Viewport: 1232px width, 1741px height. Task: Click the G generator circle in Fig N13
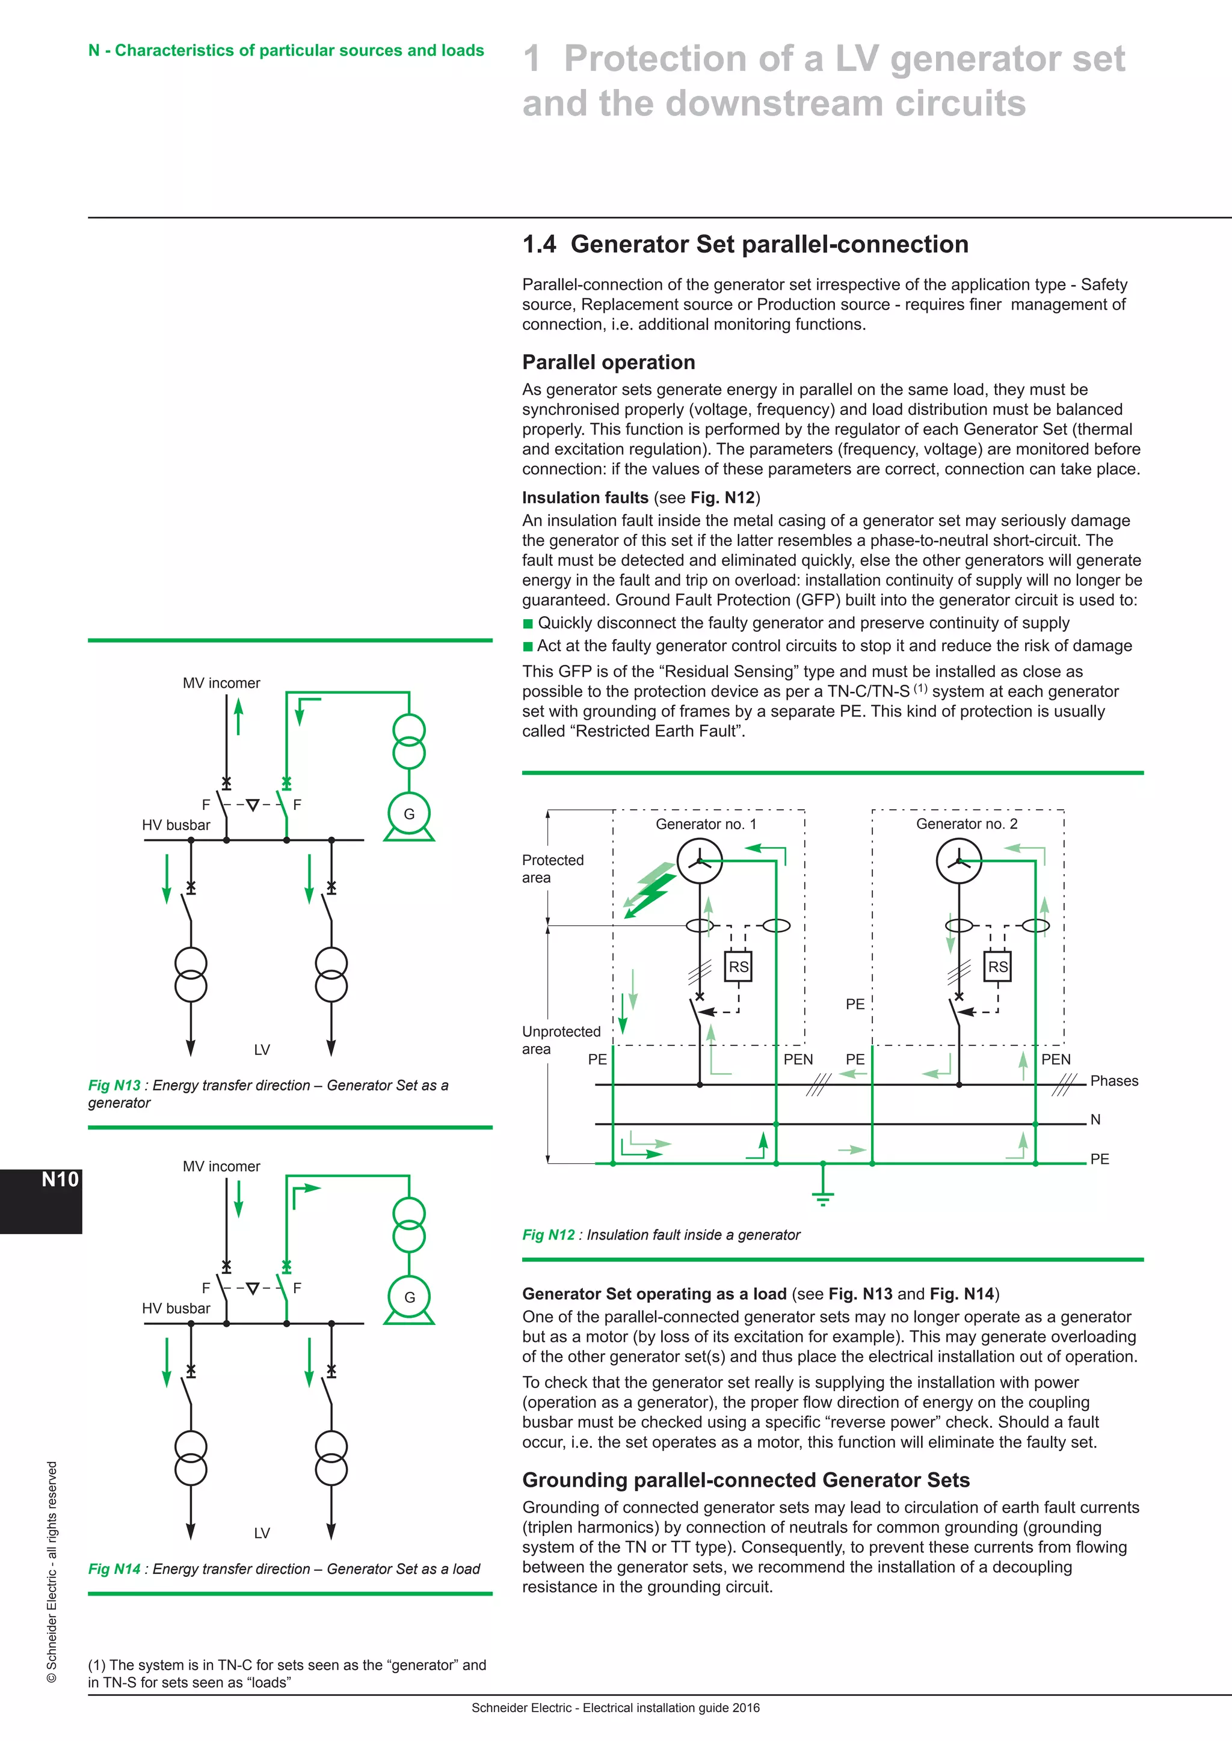pyautogui.click(x=409, y=813)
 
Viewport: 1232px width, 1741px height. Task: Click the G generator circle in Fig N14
pyautogui.click(x=409, y=1297)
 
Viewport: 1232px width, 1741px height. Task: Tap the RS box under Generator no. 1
pyautogui.click(x=738, y=967)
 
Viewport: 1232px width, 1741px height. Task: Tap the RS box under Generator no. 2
pyautogui.click(x=997, y=967)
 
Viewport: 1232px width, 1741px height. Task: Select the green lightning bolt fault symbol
pyautogui.click(x=650, y=890)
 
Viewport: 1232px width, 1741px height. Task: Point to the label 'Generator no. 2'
pyautogui.click(x=967, y=824)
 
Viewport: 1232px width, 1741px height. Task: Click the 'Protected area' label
pyautogui.click(x=552, y=868)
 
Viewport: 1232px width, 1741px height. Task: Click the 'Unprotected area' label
pyautogui.click(x=561, y=1039)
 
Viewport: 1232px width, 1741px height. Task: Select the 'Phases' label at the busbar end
pyautogui.click(x=1113, y=1080)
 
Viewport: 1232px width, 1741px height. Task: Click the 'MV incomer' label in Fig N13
pyautogui.click(x=221, y=682)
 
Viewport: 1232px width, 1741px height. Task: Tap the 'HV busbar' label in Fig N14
pyautogui.click(x=176, y=1308)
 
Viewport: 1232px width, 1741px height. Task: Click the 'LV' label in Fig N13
pyautogui.click(x=262, y=1050)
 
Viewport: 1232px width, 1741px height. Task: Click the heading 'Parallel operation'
pyautogui.click(x=608, y=363)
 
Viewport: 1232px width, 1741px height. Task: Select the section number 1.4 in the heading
pyautogui.click(x=538, y=244)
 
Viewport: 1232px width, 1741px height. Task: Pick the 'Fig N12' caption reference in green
pyautogui.click(x=548, y=1234)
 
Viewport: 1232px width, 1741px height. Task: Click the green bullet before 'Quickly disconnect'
pyautogui.click(x=528, y=623)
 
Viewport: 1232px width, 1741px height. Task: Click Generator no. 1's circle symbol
pyautogui.click(x=700, y=861)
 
